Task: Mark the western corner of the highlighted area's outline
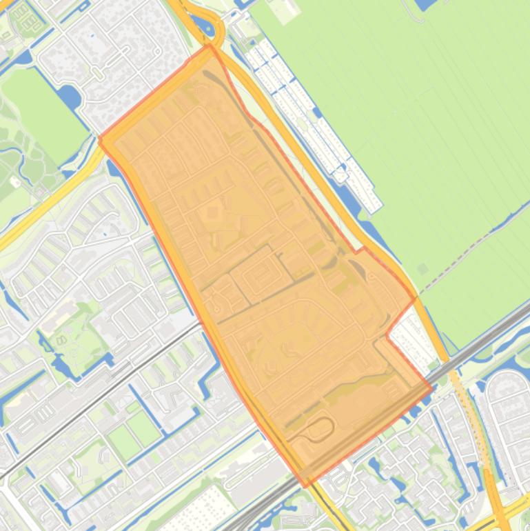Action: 101,140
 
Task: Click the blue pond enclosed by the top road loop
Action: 205,27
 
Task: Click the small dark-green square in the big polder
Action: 422,269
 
